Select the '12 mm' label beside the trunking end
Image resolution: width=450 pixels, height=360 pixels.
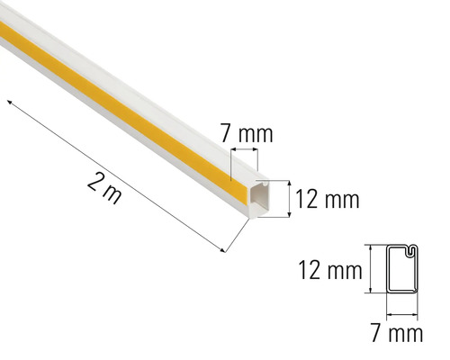click(327, 199)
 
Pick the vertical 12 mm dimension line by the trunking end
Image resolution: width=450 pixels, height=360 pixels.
click(288, 198)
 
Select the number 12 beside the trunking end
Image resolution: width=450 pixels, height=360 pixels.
click(307, 199)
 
